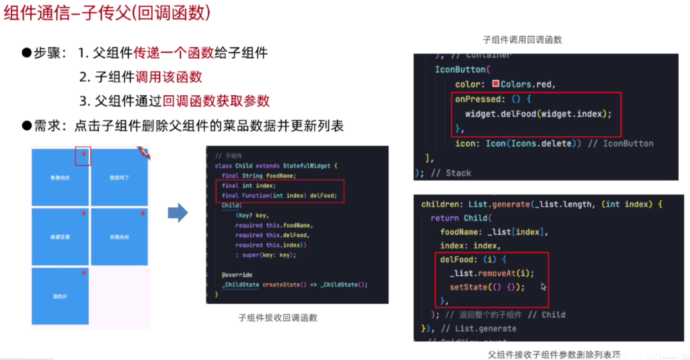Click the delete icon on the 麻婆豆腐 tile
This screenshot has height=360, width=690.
tap(84, 213)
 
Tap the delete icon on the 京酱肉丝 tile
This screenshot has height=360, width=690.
tap(143, 213)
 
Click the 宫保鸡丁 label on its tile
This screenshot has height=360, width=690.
tap(120, 178)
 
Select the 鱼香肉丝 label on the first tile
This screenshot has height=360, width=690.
tap(60, 178)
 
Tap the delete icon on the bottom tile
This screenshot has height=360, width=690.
tap(84, 273)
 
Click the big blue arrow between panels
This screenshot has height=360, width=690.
tap(177, 213)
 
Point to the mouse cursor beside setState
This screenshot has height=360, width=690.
tap(543, 287)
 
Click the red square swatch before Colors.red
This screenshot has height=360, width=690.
tap(495, 83)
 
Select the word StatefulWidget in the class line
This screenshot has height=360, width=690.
tap(306, 166)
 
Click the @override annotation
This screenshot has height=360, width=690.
tap(237, 275)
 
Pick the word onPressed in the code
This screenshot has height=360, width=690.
tap(478, 99)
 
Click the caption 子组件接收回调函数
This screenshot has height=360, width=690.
tap(278, 318)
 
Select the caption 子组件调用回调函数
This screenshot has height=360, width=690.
tap(522, 40)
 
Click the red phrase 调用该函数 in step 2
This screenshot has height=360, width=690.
tap(168, 77)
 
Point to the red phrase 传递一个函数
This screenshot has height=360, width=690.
tap(174, 53)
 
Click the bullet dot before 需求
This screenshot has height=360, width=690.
tap(27, 126)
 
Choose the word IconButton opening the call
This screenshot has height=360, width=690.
tap(460, 70)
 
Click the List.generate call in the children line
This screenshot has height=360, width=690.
tap(499, 204)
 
